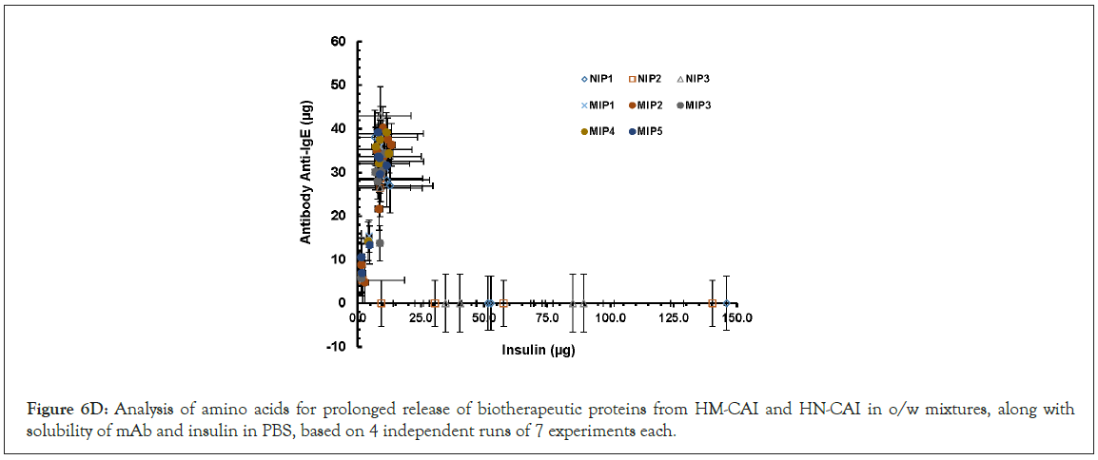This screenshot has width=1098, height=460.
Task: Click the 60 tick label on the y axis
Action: tap(339, 42)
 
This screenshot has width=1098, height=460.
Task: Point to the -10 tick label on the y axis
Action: tap(337, 347)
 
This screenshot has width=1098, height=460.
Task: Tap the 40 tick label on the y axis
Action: tap(339, 129)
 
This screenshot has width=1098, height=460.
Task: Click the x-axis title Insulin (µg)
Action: tap(539, 350)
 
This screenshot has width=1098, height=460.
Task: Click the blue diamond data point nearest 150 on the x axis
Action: tap(727, 303)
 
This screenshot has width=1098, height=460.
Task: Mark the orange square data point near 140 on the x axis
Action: tap(713, 303)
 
